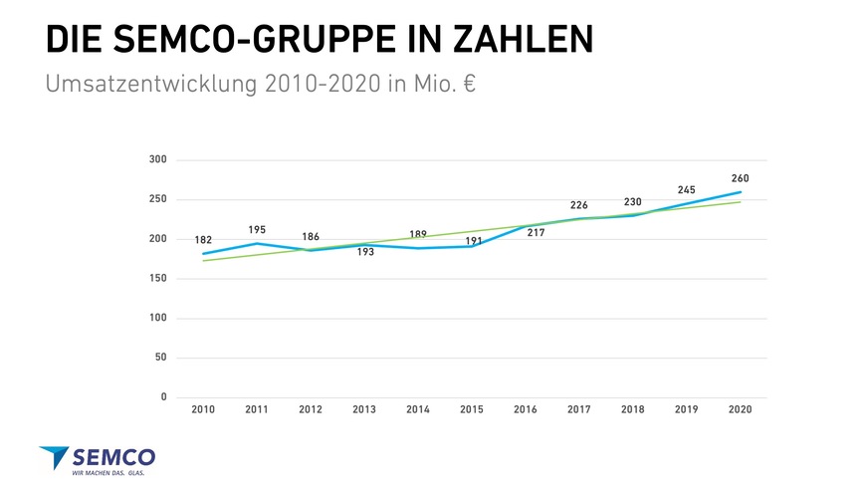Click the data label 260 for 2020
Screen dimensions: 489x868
pos(740,178)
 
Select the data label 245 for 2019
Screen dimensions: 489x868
pos(686,189)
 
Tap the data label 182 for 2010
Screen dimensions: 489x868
pos(203,240)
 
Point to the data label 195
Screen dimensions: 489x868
pos(257,230)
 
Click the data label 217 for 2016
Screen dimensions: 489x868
pos(536,232)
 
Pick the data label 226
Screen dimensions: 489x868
pos(578,205)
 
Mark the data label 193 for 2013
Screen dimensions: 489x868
pos(365,252)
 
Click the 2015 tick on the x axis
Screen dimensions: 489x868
pos(472,409)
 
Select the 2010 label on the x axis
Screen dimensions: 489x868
pos(203,409)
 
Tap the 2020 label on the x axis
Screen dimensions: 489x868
pos(740,409)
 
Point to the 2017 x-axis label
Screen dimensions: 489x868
pos(578,409)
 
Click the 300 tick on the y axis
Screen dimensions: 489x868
pos(157,159)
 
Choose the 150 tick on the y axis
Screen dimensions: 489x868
pos(157,279)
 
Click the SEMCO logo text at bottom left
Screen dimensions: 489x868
pos(113,457)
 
